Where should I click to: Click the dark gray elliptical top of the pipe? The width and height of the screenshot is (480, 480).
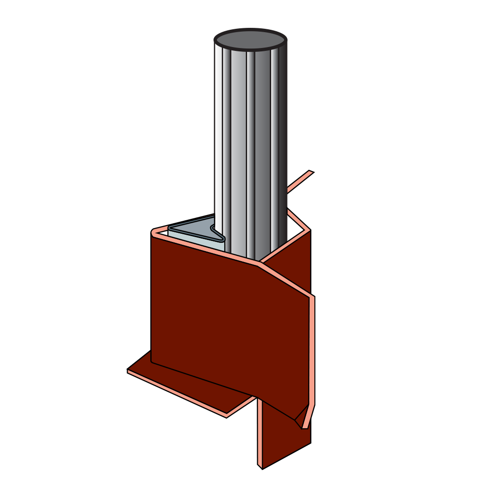click(250, 40)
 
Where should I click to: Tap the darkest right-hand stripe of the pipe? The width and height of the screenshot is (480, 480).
click(283, 144)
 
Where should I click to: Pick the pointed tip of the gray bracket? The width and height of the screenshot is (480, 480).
click(222, 237)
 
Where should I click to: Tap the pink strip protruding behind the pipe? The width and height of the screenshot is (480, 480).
click(300, 182)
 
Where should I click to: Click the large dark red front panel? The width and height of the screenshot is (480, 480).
click(226, 326)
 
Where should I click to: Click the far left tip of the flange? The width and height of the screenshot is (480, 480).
click(128, 371)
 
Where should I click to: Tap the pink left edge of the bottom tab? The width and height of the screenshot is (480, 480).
click(260, 432)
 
